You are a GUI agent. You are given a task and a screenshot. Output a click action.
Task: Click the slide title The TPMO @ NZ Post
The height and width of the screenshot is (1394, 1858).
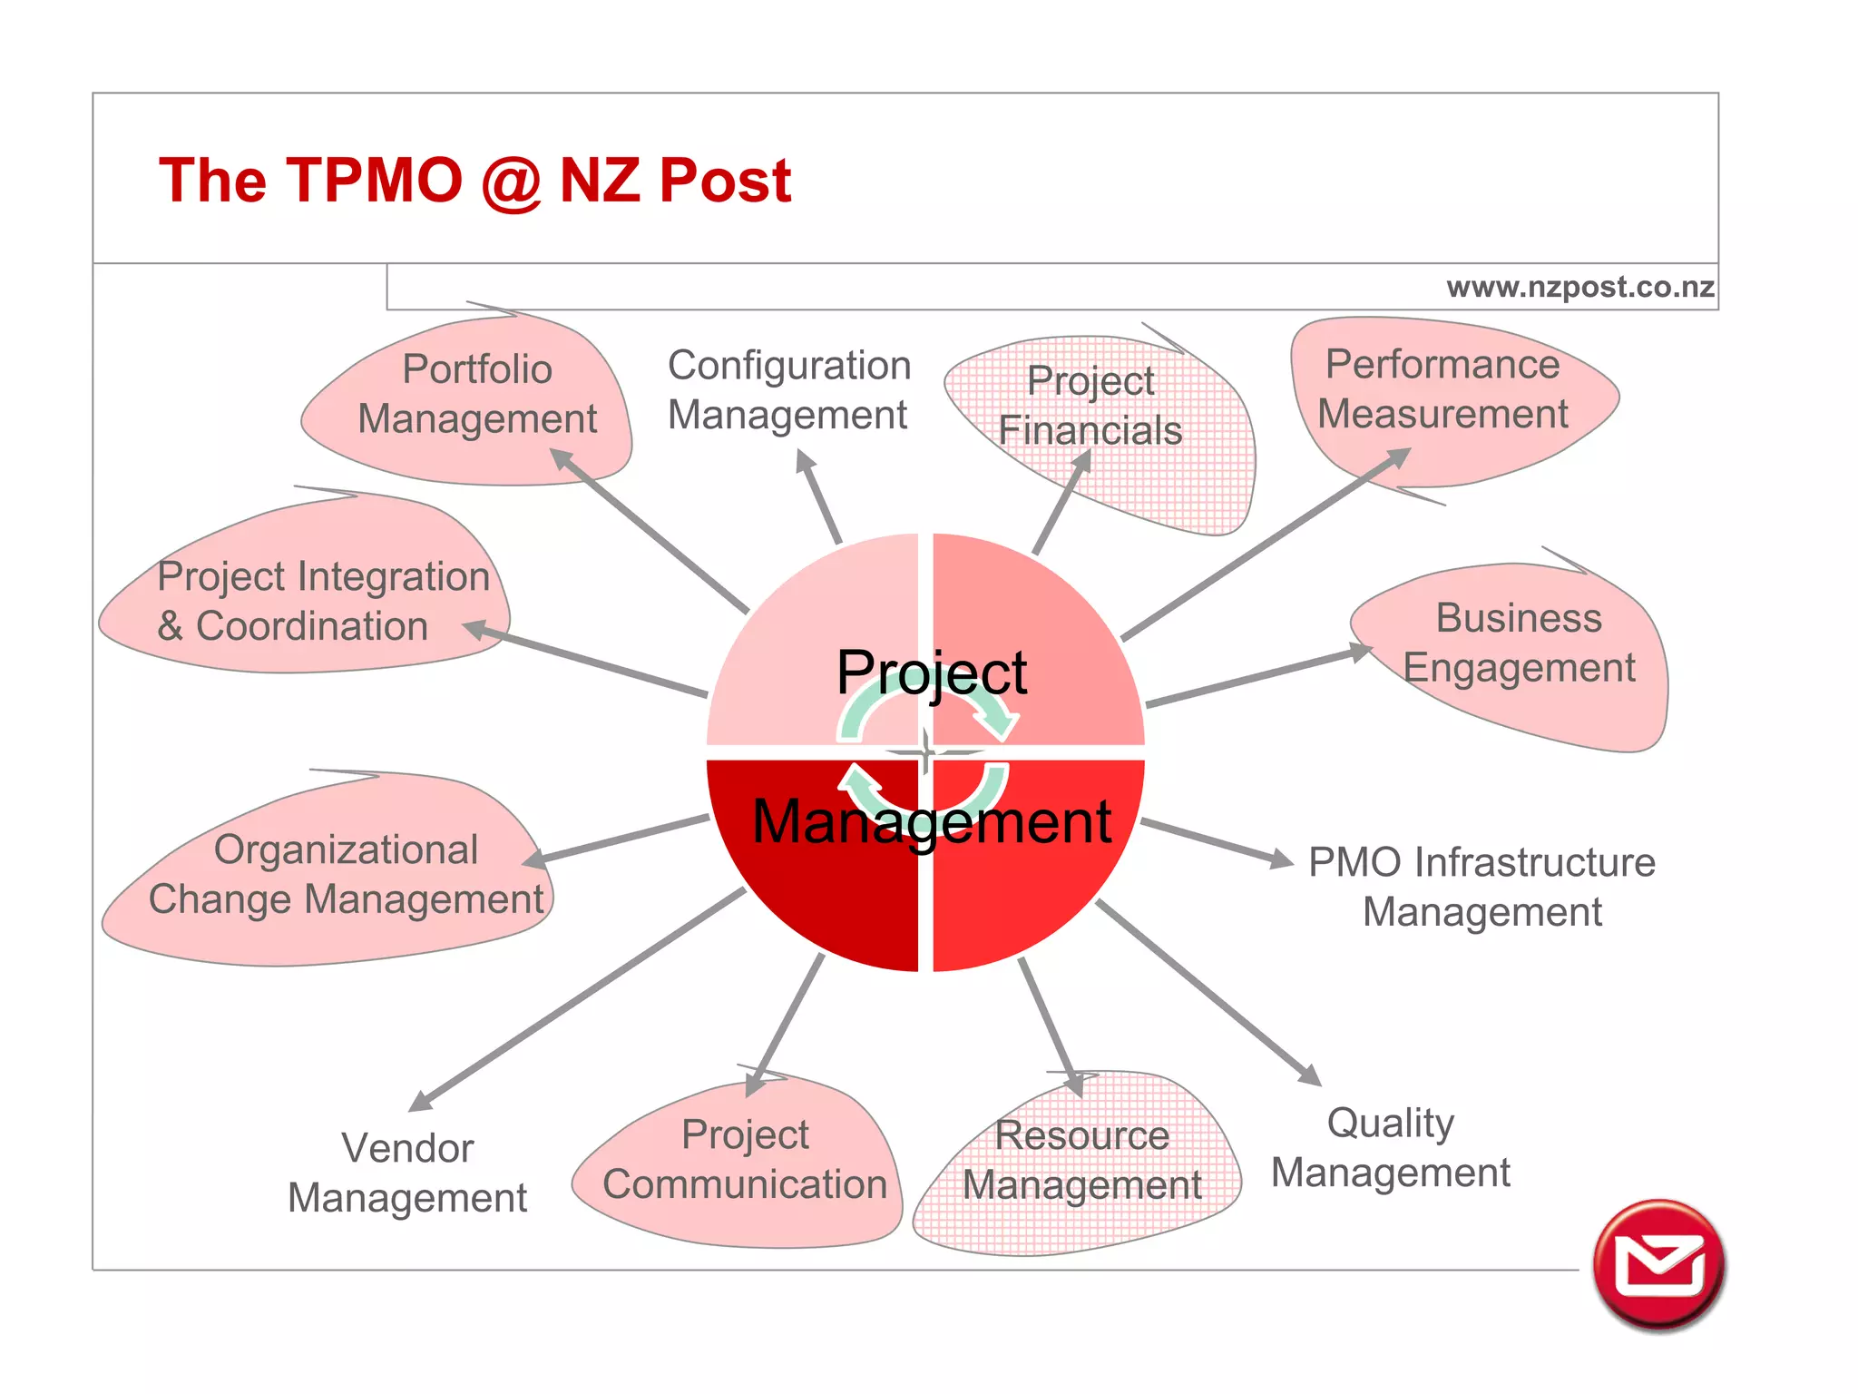pyautogui.click(x=474, y=180)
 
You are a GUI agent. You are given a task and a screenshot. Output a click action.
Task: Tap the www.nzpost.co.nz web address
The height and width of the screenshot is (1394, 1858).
pyautogui.click(x=1579, y=287)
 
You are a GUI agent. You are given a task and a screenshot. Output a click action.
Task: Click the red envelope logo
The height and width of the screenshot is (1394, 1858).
pyautogui.click(x=1658, y=1265)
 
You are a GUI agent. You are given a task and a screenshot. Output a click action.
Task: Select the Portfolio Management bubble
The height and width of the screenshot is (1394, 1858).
pyautogui.click(x=477, y=395)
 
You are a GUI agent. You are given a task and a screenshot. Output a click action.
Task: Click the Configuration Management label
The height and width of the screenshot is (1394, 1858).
pyautogui.click(x=788, y=390)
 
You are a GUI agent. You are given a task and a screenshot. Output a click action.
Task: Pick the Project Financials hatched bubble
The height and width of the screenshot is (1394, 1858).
pyautogui.click(x=1090, y=406)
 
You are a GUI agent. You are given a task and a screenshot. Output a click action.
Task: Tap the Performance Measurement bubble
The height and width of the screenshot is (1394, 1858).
pyautogui.click(x=1442, y=389)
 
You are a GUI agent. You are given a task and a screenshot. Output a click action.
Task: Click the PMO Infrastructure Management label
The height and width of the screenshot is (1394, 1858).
pyautogui.click(x=1482, y=887)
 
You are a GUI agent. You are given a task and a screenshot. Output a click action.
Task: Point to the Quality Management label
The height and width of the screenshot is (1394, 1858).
pyautogui.click(x=1390, y=1147)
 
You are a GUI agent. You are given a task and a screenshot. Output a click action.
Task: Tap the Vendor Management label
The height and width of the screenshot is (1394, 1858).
pyautogui.click(x=407, y=1173)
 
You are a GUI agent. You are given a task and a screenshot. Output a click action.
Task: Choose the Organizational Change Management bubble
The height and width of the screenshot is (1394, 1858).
pyautogui.click(x=346, y=874)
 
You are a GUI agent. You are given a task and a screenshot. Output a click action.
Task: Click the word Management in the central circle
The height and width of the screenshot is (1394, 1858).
pyautogui.click(x=931, y=822)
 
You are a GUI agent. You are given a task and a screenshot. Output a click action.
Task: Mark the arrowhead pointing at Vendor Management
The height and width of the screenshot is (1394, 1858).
pyautogui.click(x=421, y=1100)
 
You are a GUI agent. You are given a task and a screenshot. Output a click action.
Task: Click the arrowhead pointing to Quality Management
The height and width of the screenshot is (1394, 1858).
pyautogui.click(x=1310, y=1075)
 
